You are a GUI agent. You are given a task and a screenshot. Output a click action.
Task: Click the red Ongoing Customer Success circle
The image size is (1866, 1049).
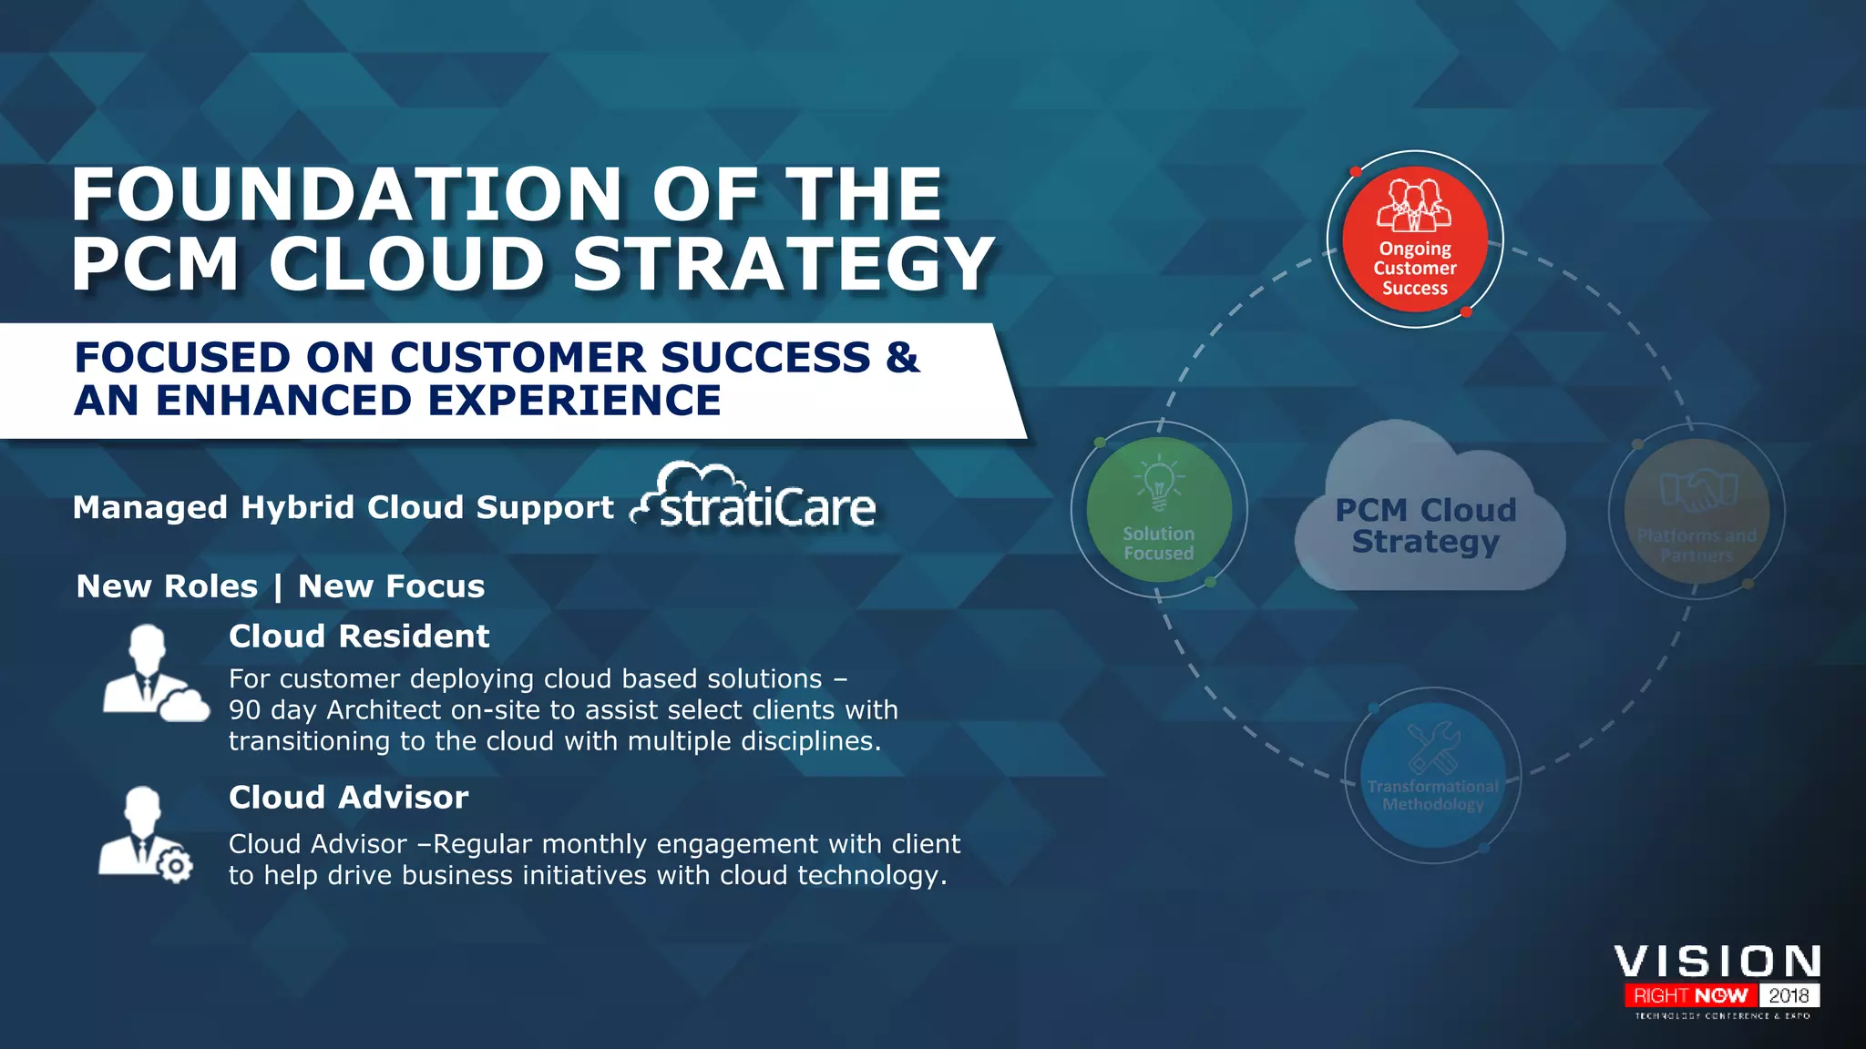click(x=1414, y=239)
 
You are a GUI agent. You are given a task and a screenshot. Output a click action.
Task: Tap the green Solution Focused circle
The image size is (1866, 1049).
click(x=1159, y=510)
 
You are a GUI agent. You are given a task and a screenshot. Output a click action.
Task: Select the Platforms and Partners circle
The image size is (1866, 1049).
click(x=1697, y=512)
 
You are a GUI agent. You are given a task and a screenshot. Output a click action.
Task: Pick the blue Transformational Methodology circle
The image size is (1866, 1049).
click(x=1432, y=775)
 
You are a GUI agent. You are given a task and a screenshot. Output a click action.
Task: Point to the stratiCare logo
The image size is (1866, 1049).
click(x=756, y=499)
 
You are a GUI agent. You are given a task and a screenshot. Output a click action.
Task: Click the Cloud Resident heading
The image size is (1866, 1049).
click(x=359, y=636)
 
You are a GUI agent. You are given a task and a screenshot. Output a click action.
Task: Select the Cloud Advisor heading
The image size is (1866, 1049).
click(x=348, y=797)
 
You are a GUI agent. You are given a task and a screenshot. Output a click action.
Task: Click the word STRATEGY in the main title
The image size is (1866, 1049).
click(x=784, y=264)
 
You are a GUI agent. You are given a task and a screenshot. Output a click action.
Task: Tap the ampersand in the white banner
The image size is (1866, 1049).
click(x=901, y=357)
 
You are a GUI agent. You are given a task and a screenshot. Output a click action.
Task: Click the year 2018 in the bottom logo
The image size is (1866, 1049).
click(x=1789, y=995)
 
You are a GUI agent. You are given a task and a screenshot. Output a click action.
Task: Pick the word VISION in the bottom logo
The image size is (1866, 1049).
click(x=1717, y=962)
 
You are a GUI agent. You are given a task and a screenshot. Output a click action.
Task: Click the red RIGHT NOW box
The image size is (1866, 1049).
click(x=1690, y=995)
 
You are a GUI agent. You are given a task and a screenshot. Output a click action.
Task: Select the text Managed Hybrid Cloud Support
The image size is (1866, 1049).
click(x=343, y=507)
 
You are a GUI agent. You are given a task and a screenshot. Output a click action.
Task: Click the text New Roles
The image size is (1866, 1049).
click(x=168, y=586)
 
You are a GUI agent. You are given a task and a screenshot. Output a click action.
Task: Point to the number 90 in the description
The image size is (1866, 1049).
click(x=244, y=710)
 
